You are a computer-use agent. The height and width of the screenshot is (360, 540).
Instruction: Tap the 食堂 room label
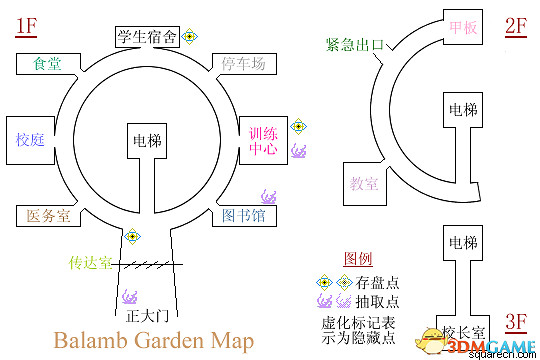(x=47, y=63)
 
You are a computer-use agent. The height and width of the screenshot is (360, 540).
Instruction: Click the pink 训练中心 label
(x=264, y=141)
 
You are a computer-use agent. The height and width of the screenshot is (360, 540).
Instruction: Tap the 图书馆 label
(x=244, y=214)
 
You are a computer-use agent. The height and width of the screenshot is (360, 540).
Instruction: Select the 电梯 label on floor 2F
(x=463, y=109)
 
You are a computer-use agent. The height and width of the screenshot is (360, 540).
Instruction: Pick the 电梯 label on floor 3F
(x=464, y=243)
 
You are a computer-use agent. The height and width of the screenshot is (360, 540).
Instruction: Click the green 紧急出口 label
(x=354, y=44)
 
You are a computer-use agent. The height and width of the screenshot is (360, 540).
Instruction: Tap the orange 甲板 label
(x=463, y=27)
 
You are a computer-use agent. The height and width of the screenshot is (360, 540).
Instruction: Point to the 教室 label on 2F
(x=364, y=184)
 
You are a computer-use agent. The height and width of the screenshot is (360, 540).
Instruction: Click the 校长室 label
(x=464, y=332)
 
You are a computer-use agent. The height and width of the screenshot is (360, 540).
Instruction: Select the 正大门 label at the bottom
(x=144, y=317)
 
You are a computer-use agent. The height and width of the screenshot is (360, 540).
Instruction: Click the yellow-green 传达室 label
(x=93, y=263)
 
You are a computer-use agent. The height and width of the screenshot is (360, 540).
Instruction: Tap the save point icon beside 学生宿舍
(x=190, y=37)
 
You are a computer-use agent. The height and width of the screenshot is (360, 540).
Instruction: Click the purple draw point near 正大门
(x=129, y=297)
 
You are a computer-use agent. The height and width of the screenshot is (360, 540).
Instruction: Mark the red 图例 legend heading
(x=358, y=258)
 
